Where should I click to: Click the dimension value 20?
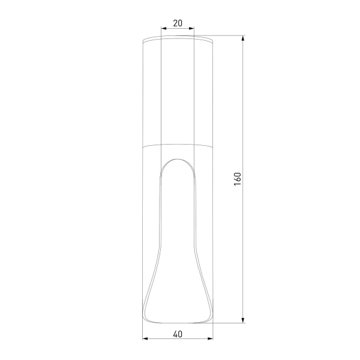pyautogui.click(x=178, y=23)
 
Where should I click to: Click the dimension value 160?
pyautogui.click(x=238, y=179)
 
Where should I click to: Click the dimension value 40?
pyautogui.click(x=178, y=334)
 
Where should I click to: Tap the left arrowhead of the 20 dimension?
pyautogui.click(x=164, y=28)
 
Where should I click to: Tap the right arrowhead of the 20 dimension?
pyautogui.click(x=191, y=28)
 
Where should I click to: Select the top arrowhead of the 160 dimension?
pyautogui.click(x=243, y=38)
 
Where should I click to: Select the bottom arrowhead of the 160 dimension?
pyautogui.click(x=243, y=320)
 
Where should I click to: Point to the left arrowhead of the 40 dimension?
pyautogui.click(x=145, y=338)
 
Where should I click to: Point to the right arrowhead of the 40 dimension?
pyautogui.click(x=210, y=338)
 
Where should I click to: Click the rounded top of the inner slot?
pyautogui.click(x=178, y=159)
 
